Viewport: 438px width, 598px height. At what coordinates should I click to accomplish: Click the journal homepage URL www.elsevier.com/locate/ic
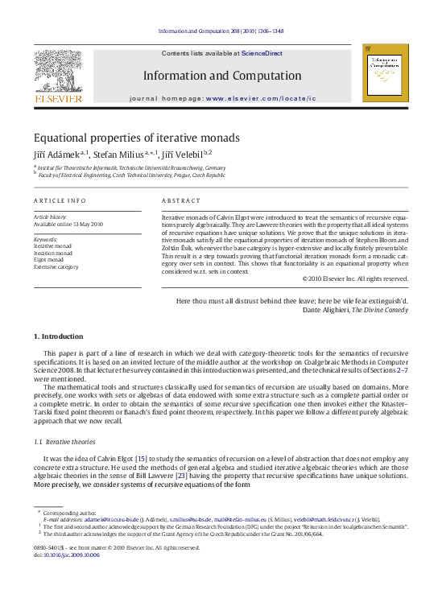point(261,98)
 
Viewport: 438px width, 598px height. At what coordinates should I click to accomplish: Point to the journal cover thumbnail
point(385,73)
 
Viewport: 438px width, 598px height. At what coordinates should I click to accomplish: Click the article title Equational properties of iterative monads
point(136,138)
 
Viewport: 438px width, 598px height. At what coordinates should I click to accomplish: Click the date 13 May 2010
point(88,224)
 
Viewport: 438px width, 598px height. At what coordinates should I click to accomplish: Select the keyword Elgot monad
point(49,259)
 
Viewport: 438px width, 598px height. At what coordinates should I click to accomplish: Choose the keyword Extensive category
point(56,266)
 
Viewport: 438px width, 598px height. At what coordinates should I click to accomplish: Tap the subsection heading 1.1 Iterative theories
point(65,441)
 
